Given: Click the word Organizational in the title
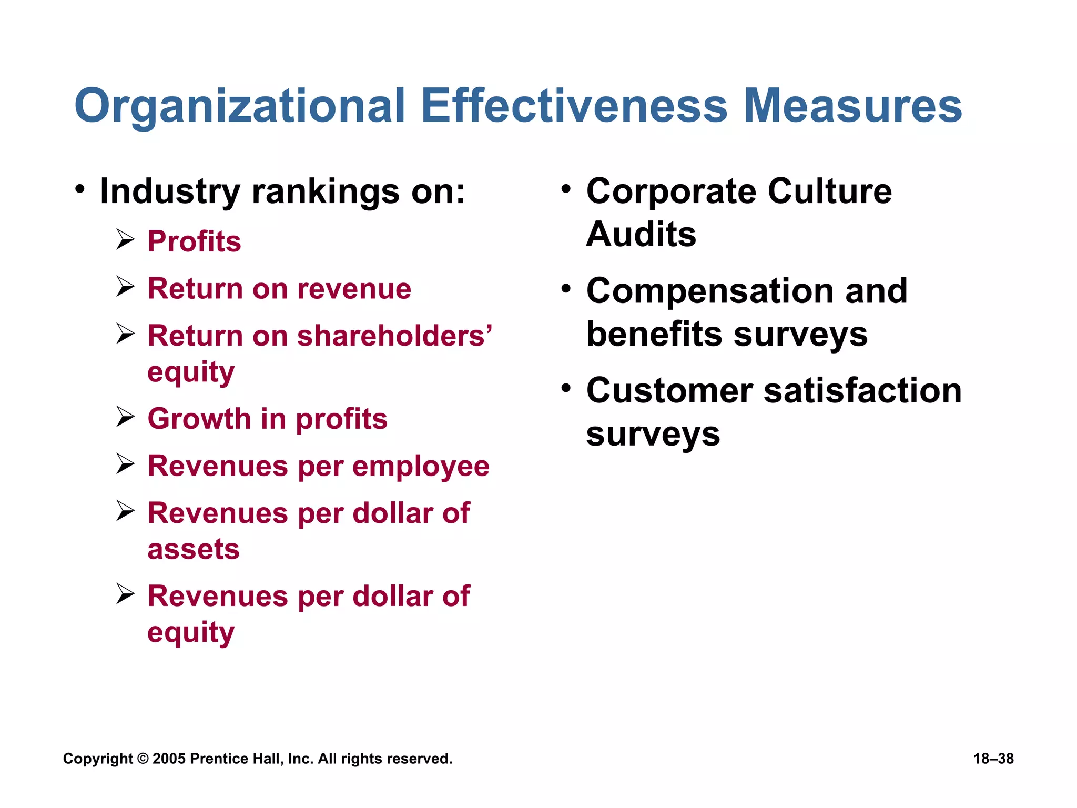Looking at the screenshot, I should (240, 106).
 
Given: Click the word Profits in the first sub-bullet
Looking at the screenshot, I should (194, 241).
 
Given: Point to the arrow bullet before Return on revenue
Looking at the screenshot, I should (126, 287).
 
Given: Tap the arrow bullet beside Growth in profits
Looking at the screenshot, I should (126, 417).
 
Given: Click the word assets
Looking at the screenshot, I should (194, 549).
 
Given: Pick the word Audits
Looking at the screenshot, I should (641, 234).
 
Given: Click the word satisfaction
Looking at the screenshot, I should (862, 391).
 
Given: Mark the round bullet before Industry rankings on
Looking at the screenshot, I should (79, 189).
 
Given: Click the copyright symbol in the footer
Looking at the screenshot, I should (143, 759).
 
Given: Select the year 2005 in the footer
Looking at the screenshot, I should (169, 759).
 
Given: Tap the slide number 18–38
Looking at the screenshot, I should (993, 759).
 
